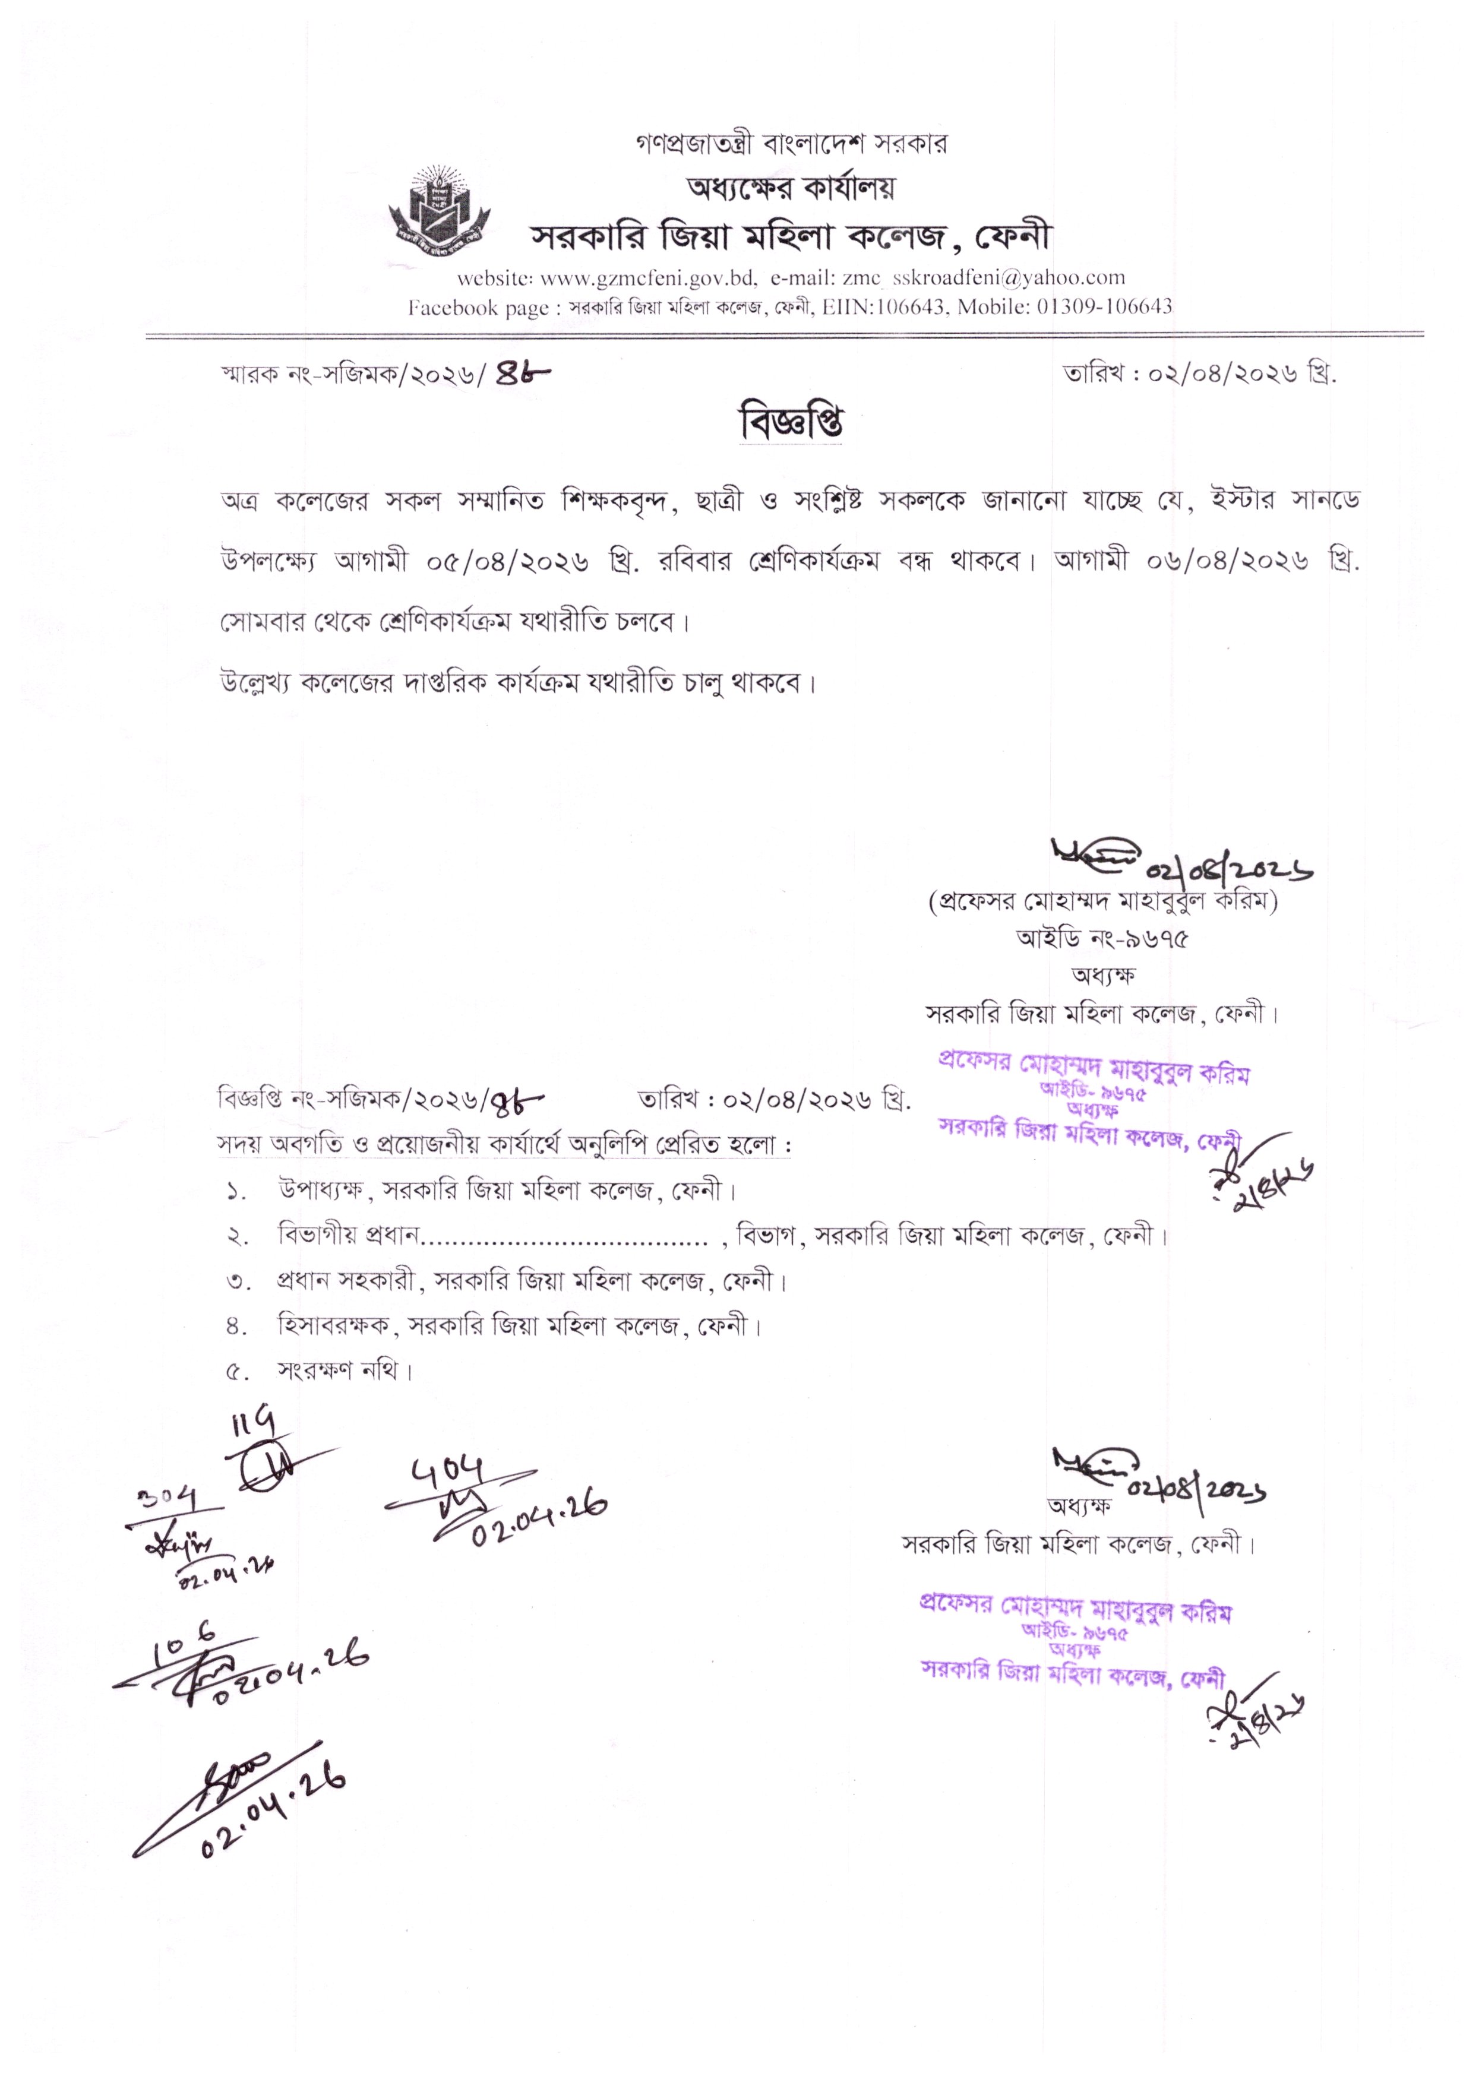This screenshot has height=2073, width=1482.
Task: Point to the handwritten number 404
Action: click(x=448, y=1471)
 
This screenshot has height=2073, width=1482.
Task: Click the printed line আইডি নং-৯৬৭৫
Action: click(x=1102, y=939)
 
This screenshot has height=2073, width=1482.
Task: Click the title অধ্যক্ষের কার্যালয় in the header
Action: click(x=790, y=188)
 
